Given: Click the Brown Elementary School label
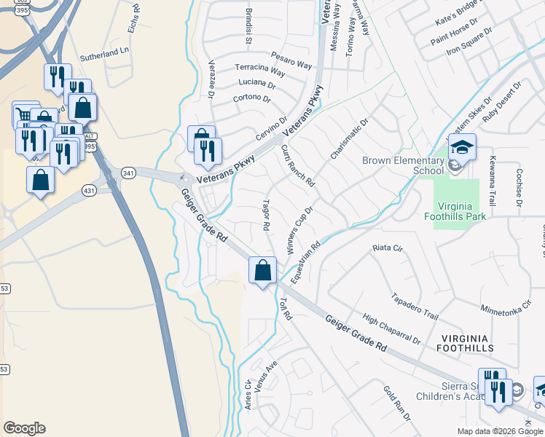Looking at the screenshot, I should click(x=403, y=165).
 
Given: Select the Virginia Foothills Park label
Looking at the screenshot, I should click(x=457, y=210).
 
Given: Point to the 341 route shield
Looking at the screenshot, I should click(x=129, y=173).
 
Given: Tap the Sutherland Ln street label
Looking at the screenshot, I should click(x=103, y=53).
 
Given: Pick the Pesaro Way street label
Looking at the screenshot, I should click(x=291, y=60).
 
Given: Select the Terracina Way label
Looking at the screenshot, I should click(x=260, y=69).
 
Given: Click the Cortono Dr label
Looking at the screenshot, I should click(x=251, y=98).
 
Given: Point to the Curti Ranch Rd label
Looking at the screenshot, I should click(x=297, y=164).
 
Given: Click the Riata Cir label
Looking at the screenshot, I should click(x=388, y=248).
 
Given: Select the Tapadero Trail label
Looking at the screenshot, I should click(x=415, y=307).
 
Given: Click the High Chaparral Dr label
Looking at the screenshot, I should click(x=392, y=329).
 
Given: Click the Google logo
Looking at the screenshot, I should click(x=24, y=428).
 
